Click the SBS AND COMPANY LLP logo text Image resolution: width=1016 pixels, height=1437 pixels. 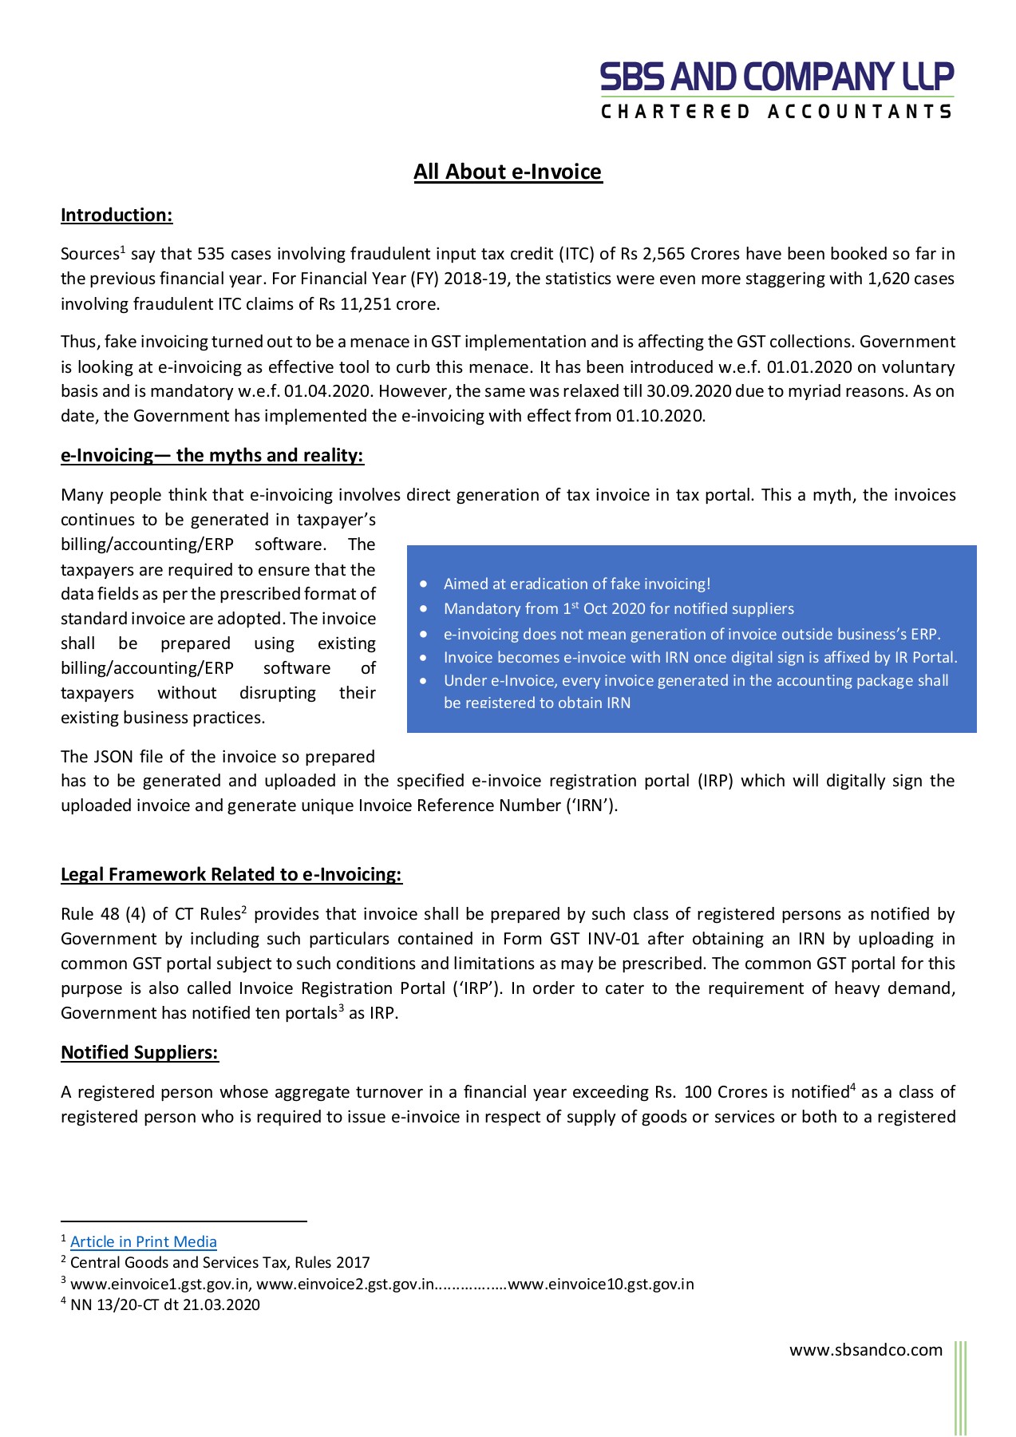tap(777, 77)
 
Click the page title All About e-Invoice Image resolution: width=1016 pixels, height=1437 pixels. tap(508, 172)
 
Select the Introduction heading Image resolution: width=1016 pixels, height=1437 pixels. tap(117, 215)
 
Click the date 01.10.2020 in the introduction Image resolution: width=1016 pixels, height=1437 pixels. tap(659, 416)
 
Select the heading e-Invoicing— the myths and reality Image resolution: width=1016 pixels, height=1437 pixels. tap(212, 455)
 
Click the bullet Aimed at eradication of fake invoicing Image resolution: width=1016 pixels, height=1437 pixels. tap(576, 584)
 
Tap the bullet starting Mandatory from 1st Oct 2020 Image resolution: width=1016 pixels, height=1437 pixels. tap(619, 608)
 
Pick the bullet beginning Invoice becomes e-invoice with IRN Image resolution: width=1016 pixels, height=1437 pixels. tap(700, 657)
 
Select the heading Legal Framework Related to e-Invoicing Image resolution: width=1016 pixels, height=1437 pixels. tap(231, 874)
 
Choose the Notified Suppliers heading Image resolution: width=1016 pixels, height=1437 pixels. tap(140, 1052)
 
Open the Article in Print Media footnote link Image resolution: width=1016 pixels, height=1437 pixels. tap(144, 1241)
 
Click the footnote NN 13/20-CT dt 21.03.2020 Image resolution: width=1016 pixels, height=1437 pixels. tap(164, 1304)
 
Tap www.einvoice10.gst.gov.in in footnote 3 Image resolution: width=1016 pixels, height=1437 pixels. tap(600, 1284)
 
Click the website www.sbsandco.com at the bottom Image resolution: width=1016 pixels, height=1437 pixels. tap(866, 1349)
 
